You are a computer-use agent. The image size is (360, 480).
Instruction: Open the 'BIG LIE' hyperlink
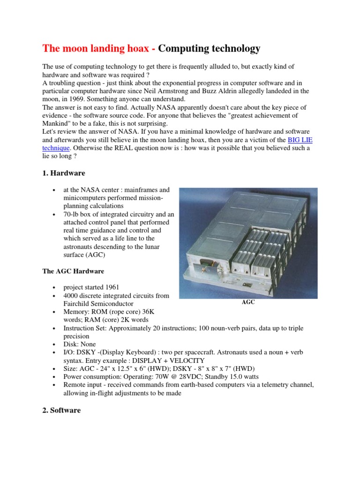click(299, 140)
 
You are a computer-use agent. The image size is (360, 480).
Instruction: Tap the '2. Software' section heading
click(61, 410)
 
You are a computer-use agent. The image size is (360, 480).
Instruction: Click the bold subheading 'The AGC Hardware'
click(73, 271)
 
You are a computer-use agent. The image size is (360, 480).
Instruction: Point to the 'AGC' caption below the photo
click(248, 302)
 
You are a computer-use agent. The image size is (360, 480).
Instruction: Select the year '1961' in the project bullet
click(117, 287)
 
